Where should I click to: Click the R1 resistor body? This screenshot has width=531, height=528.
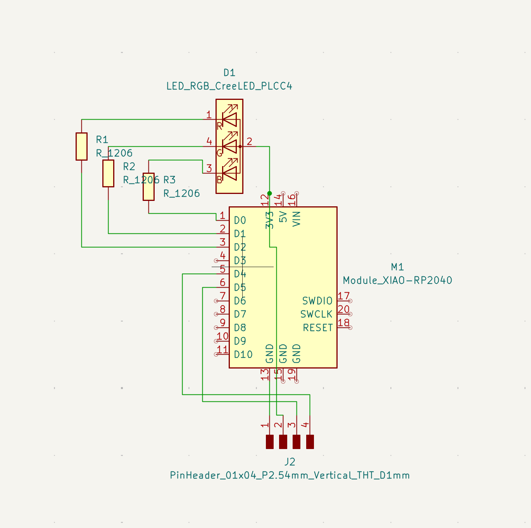pyautogui.click(x=81, y=146)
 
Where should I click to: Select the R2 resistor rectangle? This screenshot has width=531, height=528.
pyautogui.click(x=108, y=173)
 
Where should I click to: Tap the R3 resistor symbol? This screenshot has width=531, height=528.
pyautogui.click(x=148, y=187)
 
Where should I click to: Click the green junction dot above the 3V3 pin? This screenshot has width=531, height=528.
pyautogui.click(x=269, y=194)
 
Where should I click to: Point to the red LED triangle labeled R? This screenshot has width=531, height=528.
pyautogui.click(x=229, y=120)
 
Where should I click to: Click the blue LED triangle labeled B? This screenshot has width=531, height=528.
pyautogui.click(x=229, y=173)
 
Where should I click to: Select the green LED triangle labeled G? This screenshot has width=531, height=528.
pyautogui.click(x=229, y=146)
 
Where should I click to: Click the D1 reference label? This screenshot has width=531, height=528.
pyautogui.click(x=229, y=73)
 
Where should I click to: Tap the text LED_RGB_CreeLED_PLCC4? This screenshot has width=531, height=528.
pyautogui.click(x=229, y=86)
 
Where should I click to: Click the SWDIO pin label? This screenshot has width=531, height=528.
pyautogui.click(x=317, y=301)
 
